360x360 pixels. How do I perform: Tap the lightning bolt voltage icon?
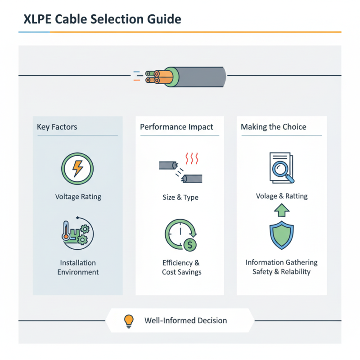(x=78, y=169)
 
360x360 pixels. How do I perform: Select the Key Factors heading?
(x=57, y=127)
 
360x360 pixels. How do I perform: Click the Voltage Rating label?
(x=78, y=197)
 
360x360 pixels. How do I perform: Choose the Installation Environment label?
(x=78, y=267)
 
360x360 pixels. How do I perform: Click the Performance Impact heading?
(x=176, y=127)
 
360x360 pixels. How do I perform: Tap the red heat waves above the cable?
(x=193, y=159)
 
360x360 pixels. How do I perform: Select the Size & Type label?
(x=180, y=198)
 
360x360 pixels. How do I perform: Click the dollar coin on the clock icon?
(x=190, y=245)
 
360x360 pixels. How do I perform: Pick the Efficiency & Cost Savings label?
(x=181, y=267)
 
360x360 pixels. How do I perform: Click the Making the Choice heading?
(x=274, y=127)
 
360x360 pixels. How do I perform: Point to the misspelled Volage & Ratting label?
(x=282, y=196)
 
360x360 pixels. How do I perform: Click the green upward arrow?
(x=281, y=210)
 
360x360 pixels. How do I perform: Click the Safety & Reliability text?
(x=282, y=272)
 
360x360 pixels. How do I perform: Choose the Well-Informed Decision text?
(x=185, y=321)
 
